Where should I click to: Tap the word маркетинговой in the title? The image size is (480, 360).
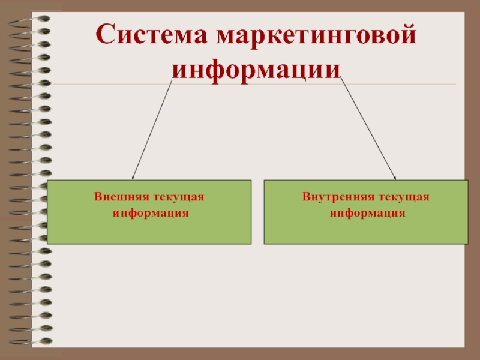[x=317, y=37]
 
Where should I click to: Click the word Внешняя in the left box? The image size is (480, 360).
[x=118, y=197]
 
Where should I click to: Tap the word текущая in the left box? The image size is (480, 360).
[x=178, y=197]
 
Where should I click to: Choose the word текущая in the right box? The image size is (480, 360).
[x=403, y=197]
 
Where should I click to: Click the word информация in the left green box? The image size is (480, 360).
[x=149, y=213]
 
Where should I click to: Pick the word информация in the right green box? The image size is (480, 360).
[x=366, y=213]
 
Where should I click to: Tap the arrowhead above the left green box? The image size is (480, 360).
[x=133, y=176]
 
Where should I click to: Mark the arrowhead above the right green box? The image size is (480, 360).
[x=394, y=176]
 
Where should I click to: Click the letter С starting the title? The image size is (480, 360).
[x=107, y=37]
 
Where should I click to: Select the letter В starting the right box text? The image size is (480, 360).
[x=306, y=197]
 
